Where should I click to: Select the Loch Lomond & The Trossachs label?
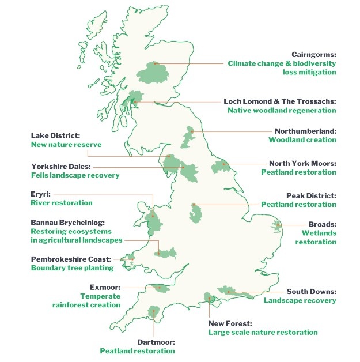[279, 101]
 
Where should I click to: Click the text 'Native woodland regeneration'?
[281, 110]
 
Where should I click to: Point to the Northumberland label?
[305, 131]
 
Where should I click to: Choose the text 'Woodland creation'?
[302, 140]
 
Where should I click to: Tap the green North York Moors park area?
[221, 167]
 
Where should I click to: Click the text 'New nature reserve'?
[66, 145]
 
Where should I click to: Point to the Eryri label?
[40, 194]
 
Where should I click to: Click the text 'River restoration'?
[61, 203]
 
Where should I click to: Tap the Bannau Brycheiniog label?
[71, 222]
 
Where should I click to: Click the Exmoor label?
[104, 286]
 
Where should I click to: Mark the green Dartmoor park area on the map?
[153, 312]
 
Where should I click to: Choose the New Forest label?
[230, 323]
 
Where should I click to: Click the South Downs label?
[311, 291]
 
